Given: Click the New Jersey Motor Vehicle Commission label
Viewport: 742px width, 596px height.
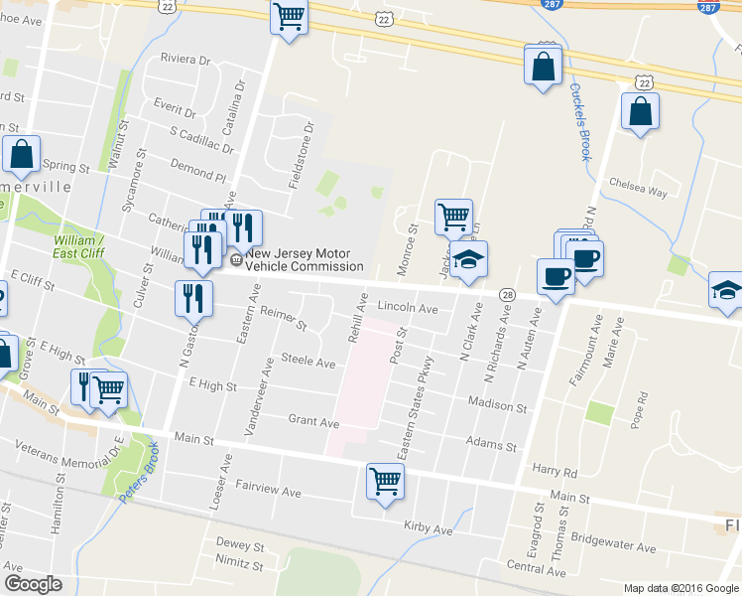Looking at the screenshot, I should (x=305, y=260).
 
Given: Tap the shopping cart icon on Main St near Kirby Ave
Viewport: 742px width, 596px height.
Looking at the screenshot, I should (x=385, y=482).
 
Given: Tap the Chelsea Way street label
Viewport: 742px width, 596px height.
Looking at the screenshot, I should (x=638, y=192).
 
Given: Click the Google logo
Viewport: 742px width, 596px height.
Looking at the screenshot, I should (x=33, y=584).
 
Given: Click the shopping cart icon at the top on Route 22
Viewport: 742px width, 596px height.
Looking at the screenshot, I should (x=289, y=16).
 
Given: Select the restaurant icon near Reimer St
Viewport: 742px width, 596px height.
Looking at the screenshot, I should (x=192, y=297).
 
